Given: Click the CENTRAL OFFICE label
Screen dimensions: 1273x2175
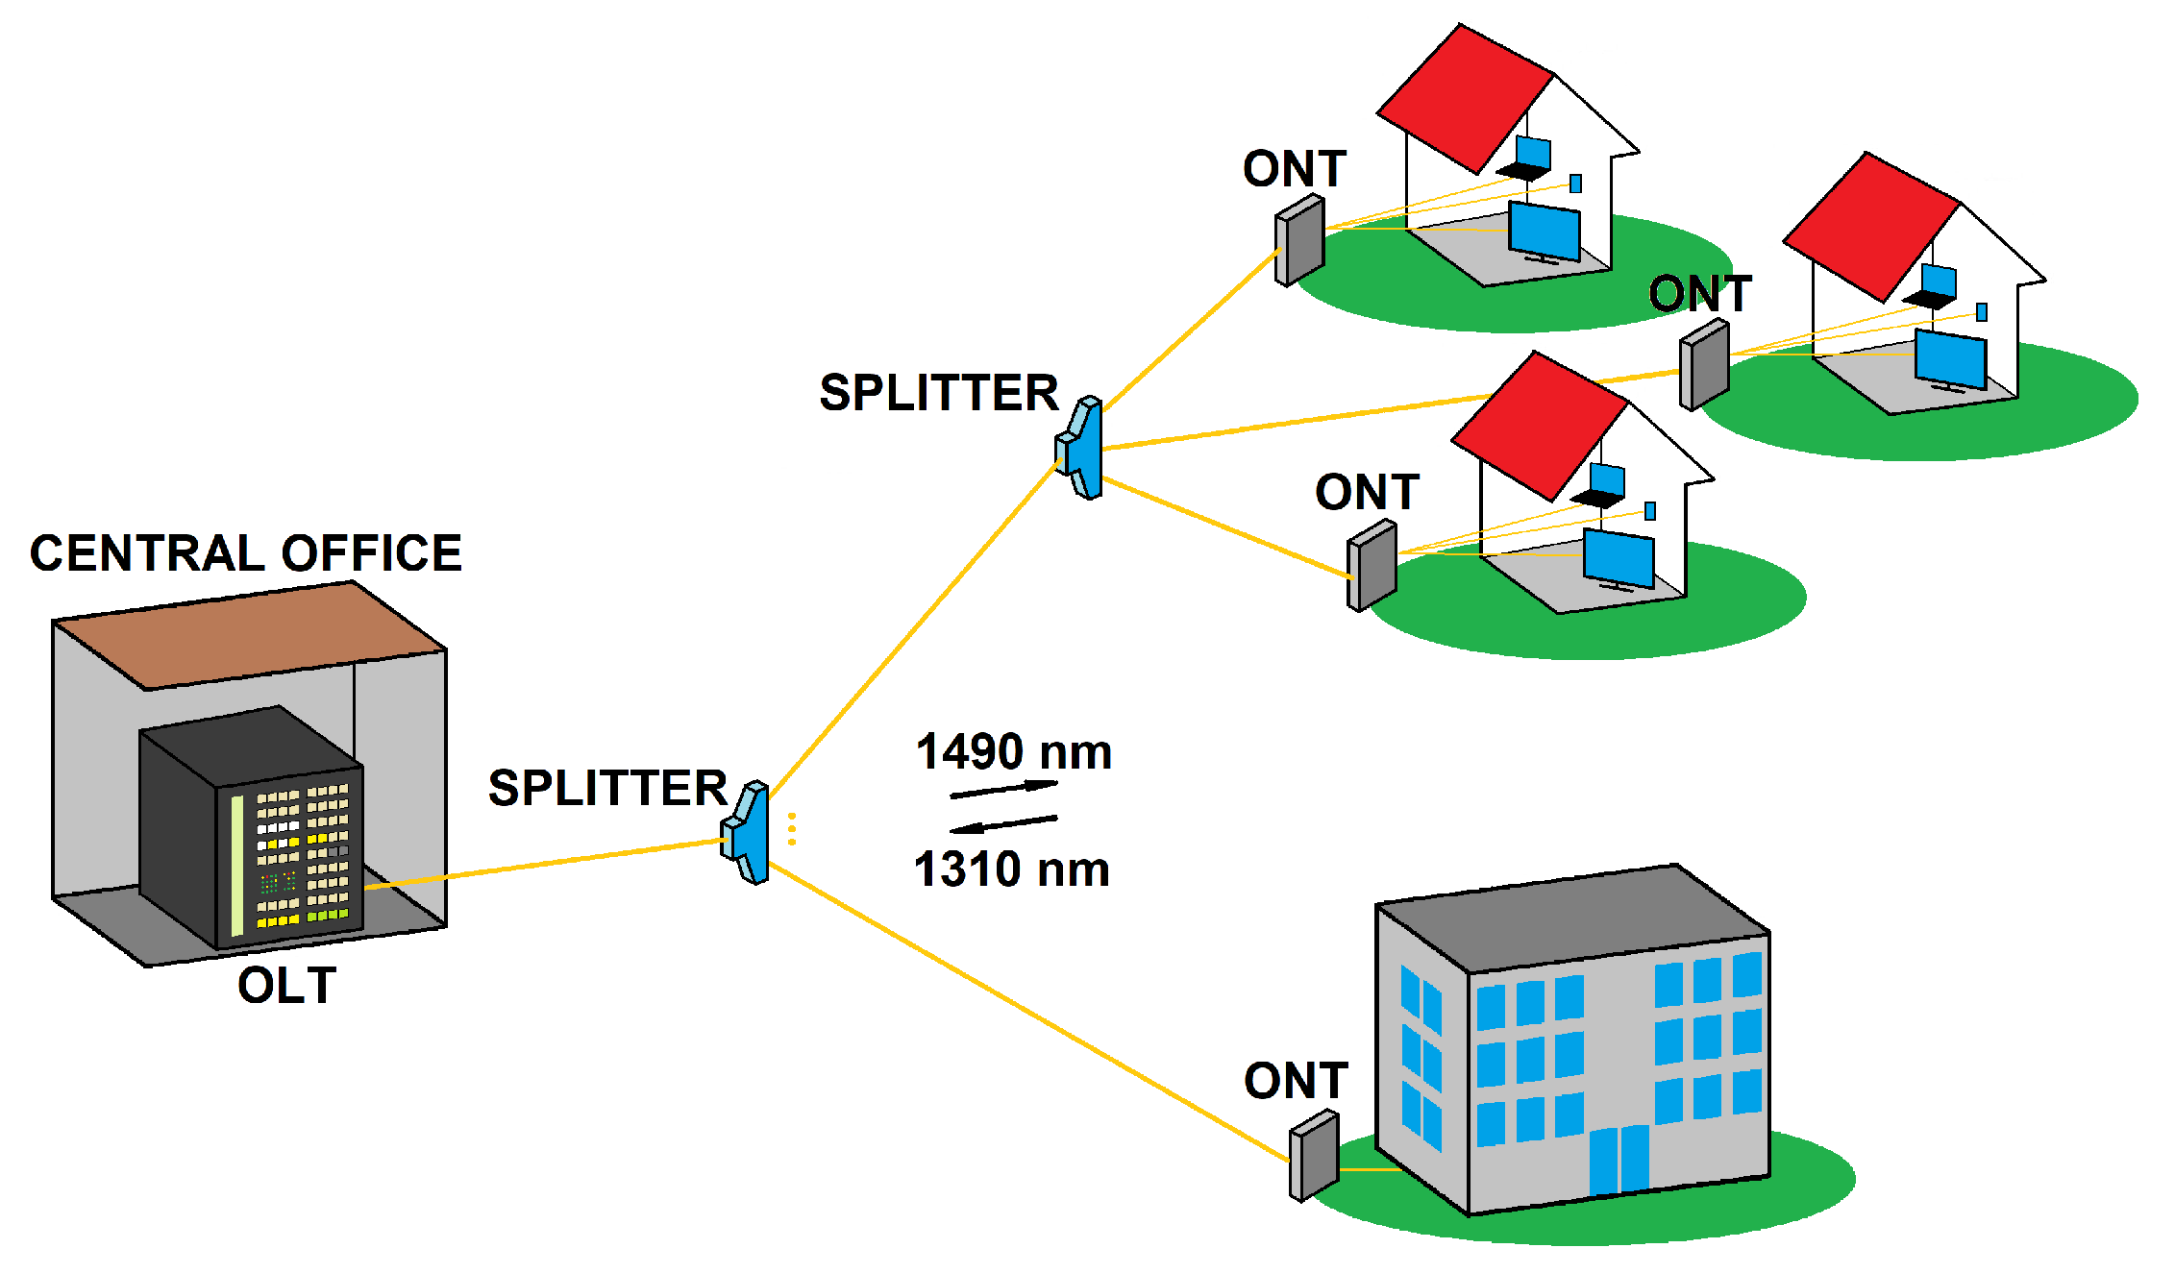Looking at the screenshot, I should click(x=246, y=553).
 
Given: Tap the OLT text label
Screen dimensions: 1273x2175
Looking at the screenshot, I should click(x=286, y=986).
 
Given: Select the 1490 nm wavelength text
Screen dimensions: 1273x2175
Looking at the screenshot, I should click(x=1014, y=751).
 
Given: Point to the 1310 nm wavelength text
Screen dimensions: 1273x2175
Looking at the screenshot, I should click(x=1012, y=869).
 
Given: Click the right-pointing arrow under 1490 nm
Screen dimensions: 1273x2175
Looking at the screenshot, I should click(x=1004, y=790).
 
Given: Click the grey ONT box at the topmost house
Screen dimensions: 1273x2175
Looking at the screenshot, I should click(x=1299, y=240).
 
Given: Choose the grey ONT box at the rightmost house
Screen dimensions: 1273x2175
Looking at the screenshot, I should click(x=1704, y=365).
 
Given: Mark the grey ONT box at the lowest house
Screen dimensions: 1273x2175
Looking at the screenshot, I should click(x=1372, y=565).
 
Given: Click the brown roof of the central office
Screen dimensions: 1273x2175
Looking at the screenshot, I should click(x=248, y=634).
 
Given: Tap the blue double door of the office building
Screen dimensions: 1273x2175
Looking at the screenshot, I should click(x=1619, y=1160).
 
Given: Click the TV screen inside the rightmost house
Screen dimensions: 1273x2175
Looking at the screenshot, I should click(x=1950, y=359).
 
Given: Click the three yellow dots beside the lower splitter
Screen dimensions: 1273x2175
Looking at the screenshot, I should click(x=792, y=829).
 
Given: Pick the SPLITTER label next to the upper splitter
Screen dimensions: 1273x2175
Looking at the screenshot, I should click(x=938, y=393).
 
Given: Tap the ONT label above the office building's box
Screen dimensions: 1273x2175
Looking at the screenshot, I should click(x=1296, y=1081).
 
